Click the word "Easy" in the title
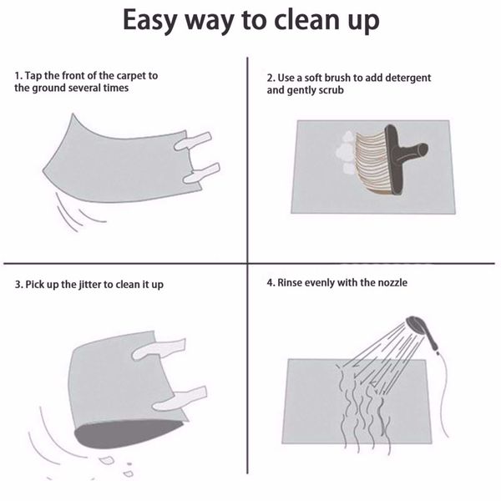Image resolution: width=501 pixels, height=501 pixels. (150, 21)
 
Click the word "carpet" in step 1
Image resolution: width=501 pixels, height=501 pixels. (131, 76)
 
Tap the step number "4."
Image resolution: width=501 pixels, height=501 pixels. (271, 283)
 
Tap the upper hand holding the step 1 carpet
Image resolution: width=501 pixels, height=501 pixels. (193, 141)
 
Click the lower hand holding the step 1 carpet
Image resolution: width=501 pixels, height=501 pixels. (201, 173)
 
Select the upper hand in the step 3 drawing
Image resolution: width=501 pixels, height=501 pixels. (159, 349)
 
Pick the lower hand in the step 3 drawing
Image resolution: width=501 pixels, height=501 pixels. (180, 399)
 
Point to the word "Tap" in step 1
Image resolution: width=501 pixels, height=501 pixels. (33, 76)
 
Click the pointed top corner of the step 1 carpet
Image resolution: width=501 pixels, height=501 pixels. (73, 114)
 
